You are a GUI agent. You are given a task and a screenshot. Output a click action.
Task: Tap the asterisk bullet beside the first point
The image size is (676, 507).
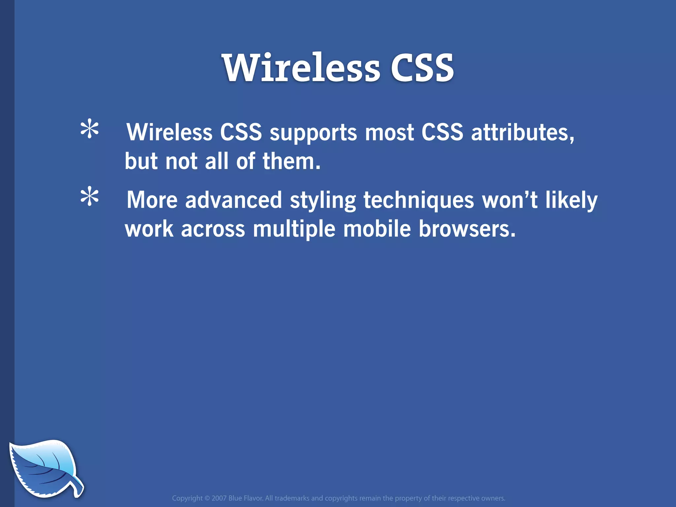[89, 130]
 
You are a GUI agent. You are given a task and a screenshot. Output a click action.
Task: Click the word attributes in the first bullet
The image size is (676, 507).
[522, 132]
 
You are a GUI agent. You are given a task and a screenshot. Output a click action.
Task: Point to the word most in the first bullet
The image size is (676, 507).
[389, 132]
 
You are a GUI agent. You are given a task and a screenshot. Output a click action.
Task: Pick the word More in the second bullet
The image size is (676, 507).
[152, 200]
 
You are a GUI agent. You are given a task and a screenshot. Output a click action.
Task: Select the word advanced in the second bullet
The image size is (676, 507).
[233, 200]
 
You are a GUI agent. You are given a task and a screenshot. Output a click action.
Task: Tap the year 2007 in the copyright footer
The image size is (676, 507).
[219, 498]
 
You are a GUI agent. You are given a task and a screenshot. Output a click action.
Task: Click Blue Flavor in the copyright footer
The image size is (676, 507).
[245, 498]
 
